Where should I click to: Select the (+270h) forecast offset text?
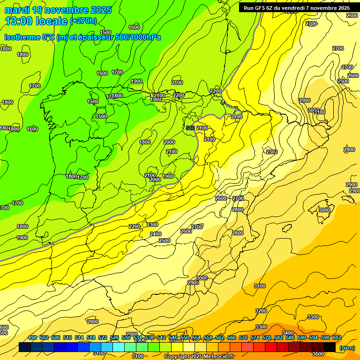83,21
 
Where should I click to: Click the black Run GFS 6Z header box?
296,8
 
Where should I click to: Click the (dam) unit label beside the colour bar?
347,347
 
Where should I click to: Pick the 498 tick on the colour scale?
32,337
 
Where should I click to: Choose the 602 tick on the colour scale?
337,337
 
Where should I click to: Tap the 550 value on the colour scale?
185,337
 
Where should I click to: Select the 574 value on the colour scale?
255,337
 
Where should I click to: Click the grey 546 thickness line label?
190,128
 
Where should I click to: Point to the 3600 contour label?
318,354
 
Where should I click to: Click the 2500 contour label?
165,240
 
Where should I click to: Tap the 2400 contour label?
156,234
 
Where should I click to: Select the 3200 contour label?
261,311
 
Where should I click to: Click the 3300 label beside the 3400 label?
261,327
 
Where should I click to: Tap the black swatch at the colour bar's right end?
330,347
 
